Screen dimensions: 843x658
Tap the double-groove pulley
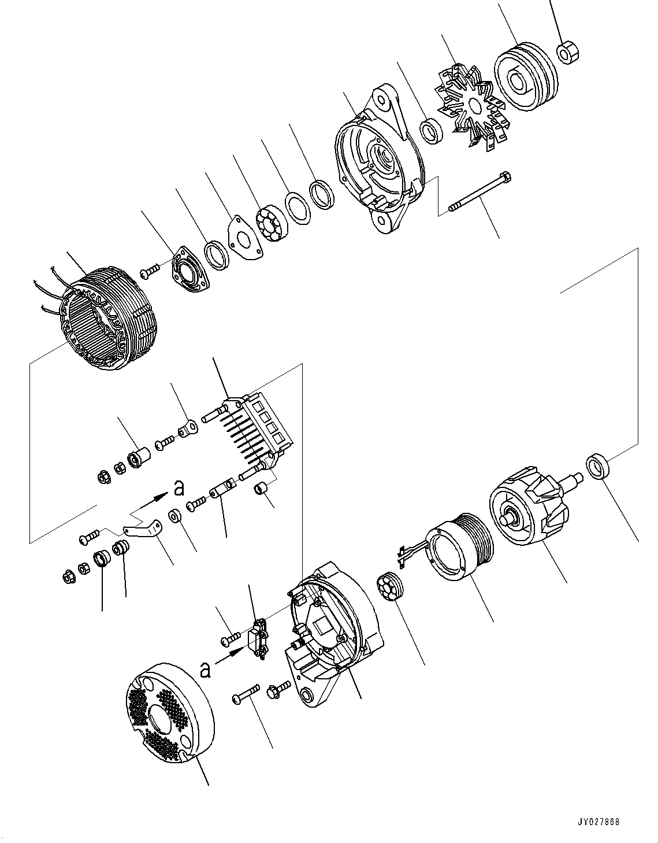tap(525, 75)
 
